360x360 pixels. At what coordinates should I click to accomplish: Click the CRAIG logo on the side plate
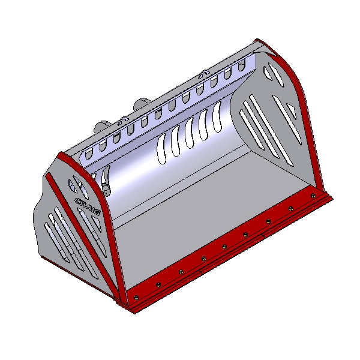(x=88, y=205)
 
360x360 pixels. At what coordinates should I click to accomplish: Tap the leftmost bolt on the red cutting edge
(x=136, y=298)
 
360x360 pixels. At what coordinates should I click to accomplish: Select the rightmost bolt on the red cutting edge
(x=313, y=196)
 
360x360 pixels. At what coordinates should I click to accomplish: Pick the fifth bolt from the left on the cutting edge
(x=224, y=247)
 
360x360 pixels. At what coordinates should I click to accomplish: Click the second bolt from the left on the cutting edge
(x=158, y=284)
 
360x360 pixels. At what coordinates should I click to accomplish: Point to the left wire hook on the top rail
(x=122, y=120)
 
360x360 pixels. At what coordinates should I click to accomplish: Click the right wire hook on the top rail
(x=205, y=73)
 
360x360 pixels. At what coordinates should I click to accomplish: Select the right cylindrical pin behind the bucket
(x=142, y=104)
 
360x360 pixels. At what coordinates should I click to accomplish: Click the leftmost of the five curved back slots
(x=161, y=149)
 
